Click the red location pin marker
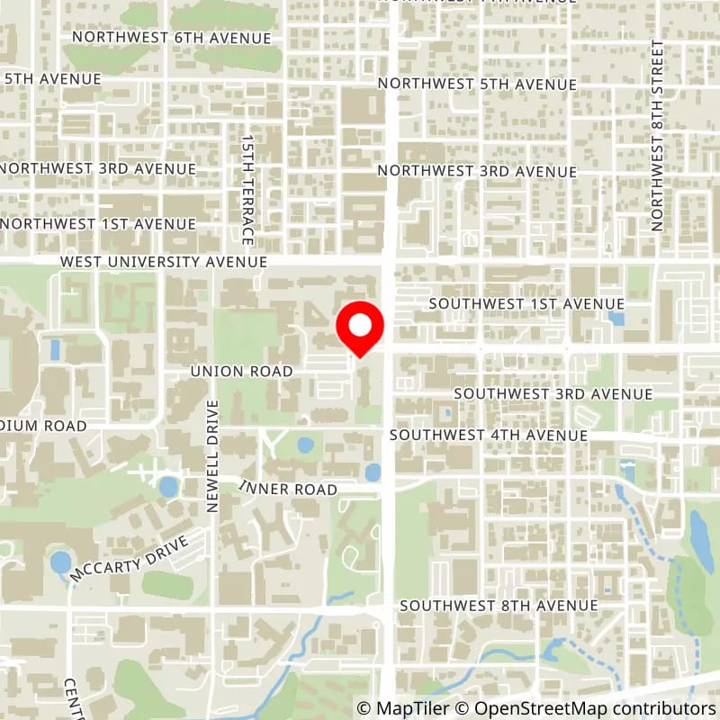click(360, 328)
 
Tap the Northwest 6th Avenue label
click(172, 38)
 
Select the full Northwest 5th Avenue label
click(477, 84)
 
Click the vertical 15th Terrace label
click(247, 190)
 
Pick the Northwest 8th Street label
click(658, 135)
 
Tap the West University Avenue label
click(164, 261)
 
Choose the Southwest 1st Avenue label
click(526, 303)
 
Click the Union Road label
click(242, 371)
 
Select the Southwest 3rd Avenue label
click(553, 394)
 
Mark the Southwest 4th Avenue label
click(489, 435)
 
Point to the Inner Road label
click(288, 489)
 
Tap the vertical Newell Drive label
click(213, 455)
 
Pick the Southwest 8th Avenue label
click(499, 605)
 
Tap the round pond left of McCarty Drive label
click(60, 563)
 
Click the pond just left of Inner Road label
click(167, 487)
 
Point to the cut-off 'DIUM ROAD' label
click(43, 425)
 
